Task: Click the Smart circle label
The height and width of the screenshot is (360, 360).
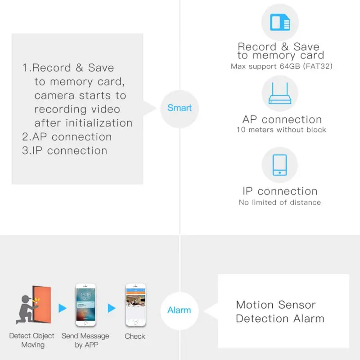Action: coord(180,108)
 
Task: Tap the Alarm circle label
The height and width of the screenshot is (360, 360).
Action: coord(179,310)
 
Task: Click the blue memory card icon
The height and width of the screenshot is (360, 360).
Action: coord(280,22)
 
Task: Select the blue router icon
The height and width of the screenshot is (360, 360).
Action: coord(280,93)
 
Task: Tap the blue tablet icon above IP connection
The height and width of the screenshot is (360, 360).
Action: coord(279,165)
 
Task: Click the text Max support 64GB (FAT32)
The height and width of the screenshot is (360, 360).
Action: coord(282,66)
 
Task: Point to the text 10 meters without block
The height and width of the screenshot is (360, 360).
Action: coord(281,130)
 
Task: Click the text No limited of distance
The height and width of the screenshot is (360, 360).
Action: coord(280,202)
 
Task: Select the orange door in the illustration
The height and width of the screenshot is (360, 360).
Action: coord(42,305)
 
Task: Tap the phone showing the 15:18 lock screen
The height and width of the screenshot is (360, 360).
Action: coord(85,305)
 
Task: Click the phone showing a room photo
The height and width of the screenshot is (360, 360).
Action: coord(136,305)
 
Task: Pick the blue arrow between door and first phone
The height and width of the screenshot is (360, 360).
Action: coord(62,308)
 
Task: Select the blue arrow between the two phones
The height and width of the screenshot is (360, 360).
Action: coord(112,308)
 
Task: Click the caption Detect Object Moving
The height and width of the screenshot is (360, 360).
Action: coord(32,340)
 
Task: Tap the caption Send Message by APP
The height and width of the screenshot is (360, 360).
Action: coord(85,340)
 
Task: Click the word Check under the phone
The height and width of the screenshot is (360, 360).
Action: coord(135,336)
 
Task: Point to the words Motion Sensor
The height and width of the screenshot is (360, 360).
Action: coord(276,305)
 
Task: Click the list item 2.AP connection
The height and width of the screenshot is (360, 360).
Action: coord(67,137)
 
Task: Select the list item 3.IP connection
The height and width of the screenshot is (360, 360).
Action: coord(64,151)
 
